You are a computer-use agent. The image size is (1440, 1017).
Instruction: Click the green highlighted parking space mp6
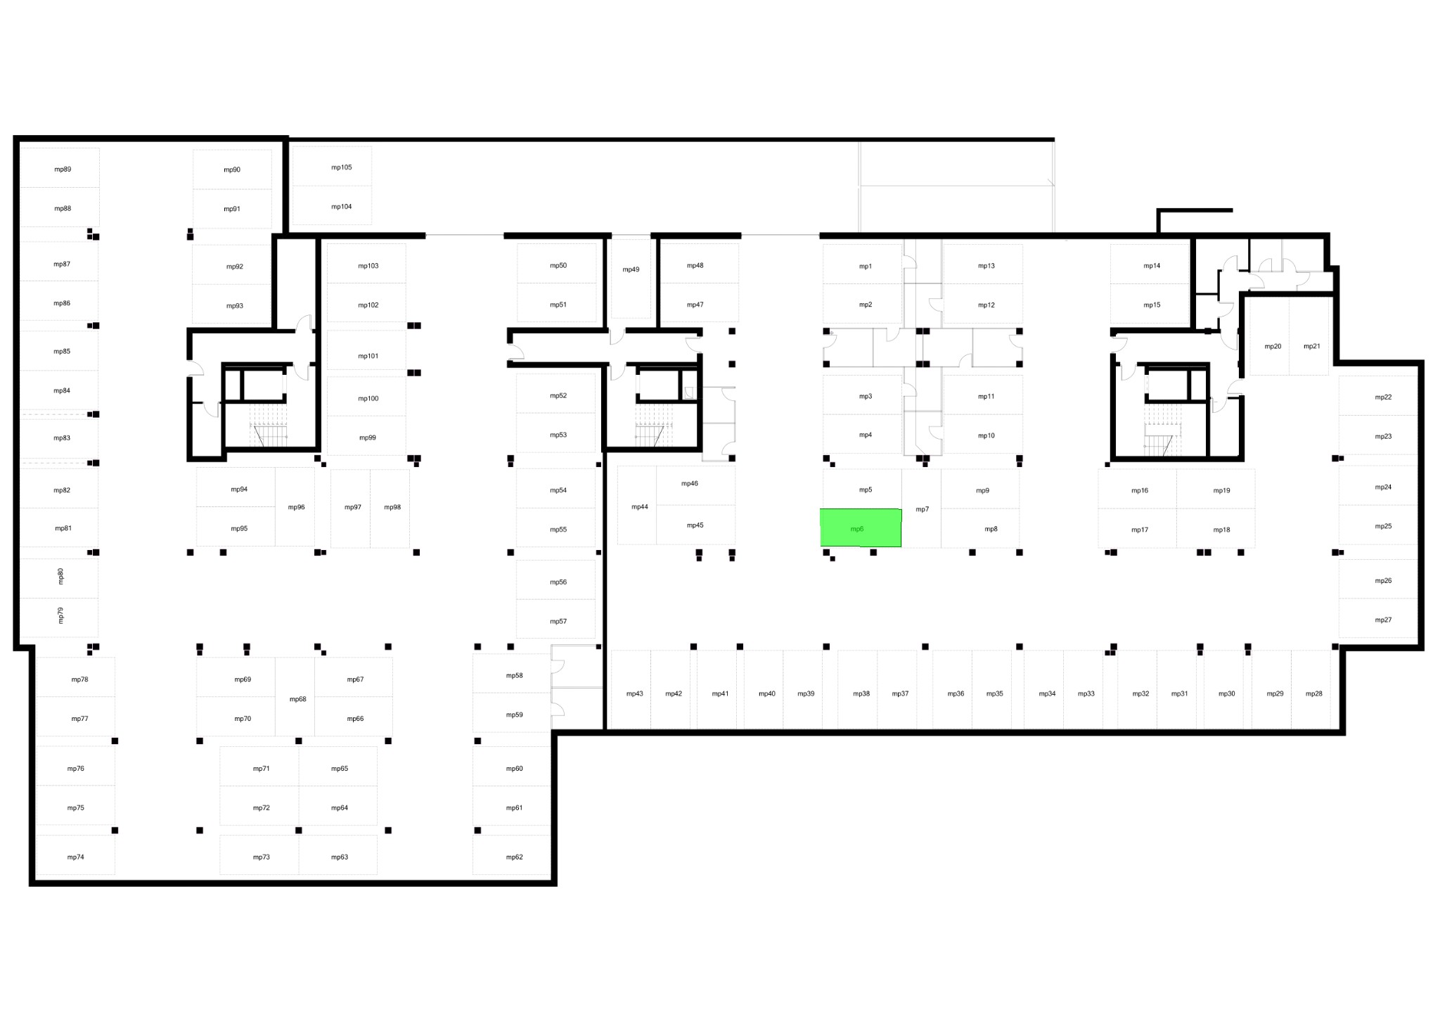861,527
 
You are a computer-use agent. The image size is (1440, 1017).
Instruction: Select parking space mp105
332,166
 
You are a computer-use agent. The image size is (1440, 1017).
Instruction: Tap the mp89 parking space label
63,169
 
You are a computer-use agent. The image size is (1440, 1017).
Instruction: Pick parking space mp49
631,279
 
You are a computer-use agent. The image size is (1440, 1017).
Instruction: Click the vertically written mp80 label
60,577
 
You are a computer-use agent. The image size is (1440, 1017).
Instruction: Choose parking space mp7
921,509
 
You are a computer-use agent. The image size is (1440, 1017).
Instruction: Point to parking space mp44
637,505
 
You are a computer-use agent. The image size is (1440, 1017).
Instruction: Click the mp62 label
515,857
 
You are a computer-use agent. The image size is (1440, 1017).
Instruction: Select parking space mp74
75,855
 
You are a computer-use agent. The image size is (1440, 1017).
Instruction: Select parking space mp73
259,855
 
